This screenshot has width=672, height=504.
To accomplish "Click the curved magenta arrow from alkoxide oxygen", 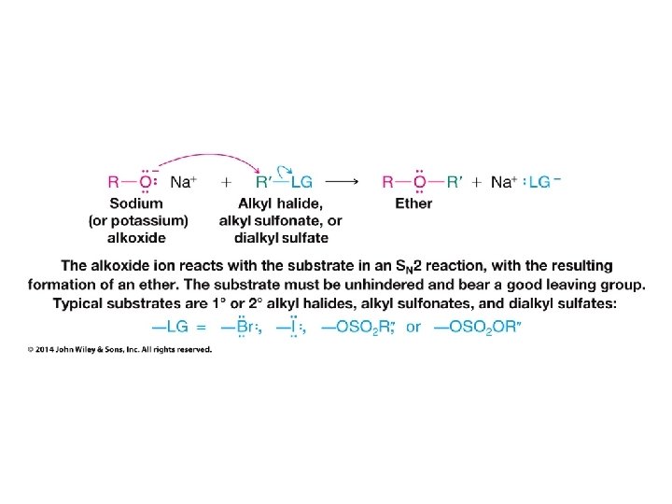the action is [200, 158].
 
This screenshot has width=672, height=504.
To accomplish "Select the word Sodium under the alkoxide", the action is [136, 203].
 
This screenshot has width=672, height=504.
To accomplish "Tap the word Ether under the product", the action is [413, 203].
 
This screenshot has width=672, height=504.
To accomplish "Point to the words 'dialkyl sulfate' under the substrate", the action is [280, 237].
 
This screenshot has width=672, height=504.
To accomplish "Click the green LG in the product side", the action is [539, 183].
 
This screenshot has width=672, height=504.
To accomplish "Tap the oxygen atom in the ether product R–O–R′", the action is [420, 183].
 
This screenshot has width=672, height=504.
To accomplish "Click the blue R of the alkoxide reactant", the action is [113, 183].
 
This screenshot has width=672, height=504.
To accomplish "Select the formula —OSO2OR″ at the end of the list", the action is [475, 327].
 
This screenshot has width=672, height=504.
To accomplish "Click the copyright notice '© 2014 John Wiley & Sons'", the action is [120, 350].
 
